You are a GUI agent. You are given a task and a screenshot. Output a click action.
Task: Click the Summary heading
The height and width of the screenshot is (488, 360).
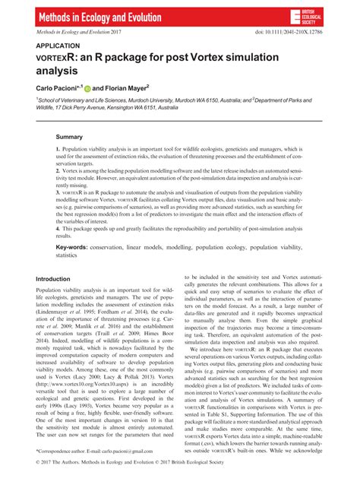point(70,137)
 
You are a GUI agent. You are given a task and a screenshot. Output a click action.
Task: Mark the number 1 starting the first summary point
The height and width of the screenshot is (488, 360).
point(58,153)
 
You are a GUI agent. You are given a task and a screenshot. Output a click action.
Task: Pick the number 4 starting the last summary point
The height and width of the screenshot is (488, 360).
point(58,227)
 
